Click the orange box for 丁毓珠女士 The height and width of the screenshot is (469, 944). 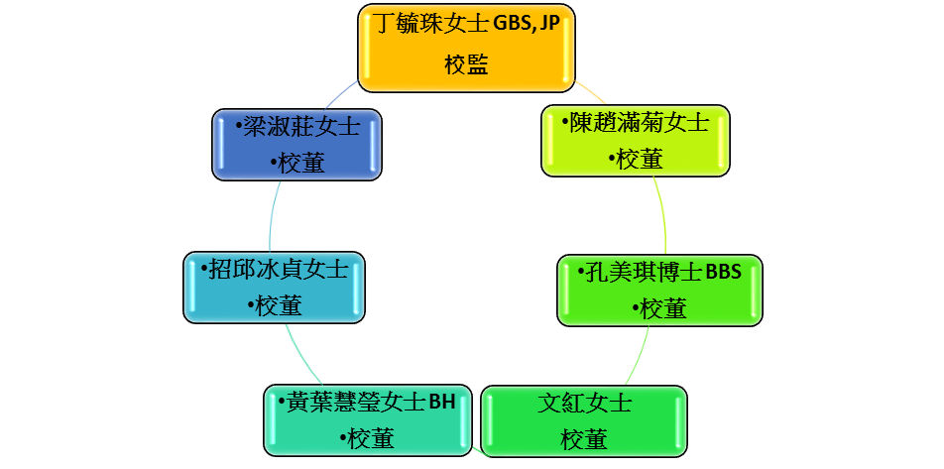click(x=467, y=49)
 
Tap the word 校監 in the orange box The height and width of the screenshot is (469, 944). click(x=467, y=64)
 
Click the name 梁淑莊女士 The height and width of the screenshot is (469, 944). click(x=301, y=128)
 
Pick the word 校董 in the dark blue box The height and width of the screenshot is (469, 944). click(x=301, y=163)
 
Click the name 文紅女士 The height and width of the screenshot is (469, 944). click(x=584, y=403)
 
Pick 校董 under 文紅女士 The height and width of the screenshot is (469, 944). click(x=584, y=439)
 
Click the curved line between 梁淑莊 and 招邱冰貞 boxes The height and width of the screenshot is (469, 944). click(x=272, y=215)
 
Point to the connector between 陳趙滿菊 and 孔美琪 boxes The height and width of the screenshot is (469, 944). click(x=662, y=215)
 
